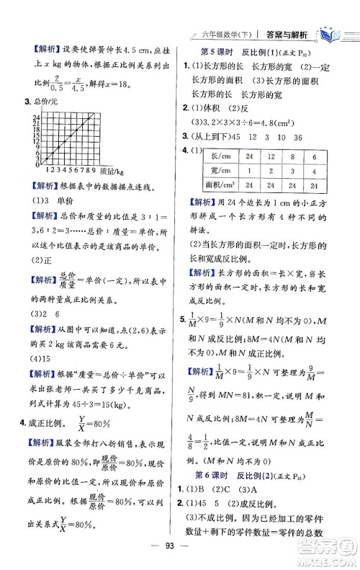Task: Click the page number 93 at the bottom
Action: pos(180,557)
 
